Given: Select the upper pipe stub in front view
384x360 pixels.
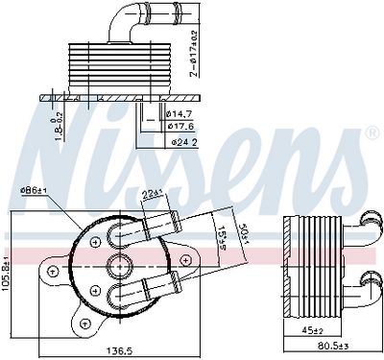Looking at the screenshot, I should tap(158, 227).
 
